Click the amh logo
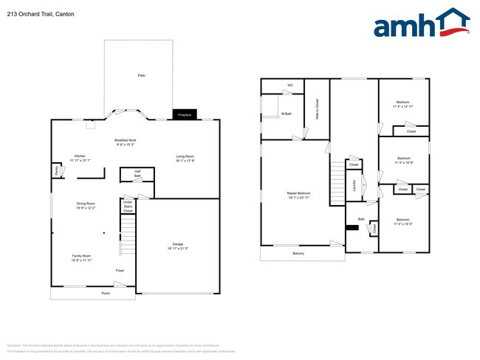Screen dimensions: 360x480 [x=421, y=24]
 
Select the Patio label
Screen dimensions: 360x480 [x=141, y=76]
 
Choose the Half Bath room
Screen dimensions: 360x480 [x=137, y=174]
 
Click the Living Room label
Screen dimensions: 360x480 [x=185, y=156]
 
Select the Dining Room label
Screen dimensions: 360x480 [x=86, y=203]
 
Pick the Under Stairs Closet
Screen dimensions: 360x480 [x=128, y=206]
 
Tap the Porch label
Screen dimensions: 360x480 [x=106, y=294]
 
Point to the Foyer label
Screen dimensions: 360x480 [x=120, y=271]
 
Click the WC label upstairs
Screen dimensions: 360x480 [x=290, y=86]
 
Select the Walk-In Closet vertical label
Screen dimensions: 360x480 [x=317, y=108]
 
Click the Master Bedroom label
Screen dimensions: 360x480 [x=298, y=194]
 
